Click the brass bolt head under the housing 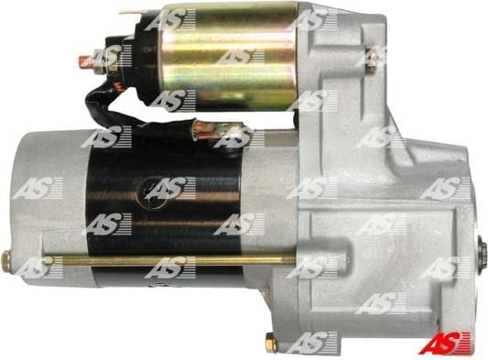pyautogui.click(x=271, y=344)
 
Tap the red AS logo pyautogui.click(x=445, y=343)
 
